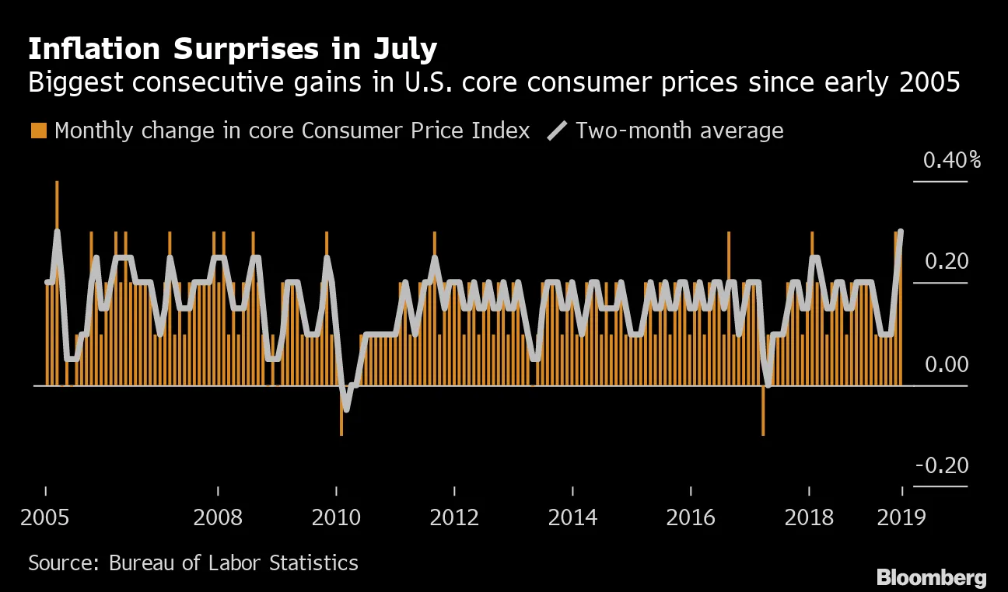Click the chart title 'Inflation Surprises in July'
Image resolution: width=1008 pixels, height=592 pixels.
click(x=233, y=50)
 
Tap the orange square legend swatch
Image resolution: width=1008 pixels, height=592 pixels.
click(x=38, y=131)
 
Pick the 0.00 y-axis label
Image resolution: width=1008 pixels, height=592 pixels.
click(x=946, y=364)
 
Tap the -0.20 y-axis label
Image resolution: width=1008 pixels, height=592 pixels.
click(x=942, y=465)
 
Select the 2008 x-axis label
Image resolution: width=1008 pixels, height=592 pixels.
click(x=219, y=517)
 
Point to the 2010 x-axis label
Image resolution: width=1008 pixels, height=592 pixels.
click(x=336, y=517)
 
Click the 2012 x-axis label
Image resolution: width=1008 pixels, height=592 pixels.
click(x=454, y=517)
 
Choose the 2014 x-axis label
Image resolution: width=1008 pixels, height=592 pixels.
click(x=572, y=517)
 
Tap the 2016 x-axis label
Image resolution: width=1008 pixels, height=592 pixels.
click(x=691, y=517)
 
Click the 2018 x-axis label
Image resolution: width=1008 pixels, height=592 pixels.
click(x=809, y=517)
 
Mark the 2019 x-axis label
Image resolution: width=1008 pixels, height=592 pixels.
click(x=901, y=517)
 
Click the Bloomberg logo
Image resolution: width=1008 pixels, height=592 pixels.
click(x=931, y=577)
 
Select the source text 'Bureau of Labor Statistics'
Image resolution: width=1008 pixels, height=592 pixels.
click(x=233, y=562)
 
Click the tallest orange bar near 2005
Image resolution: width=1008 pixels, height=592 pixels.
click(x=57, y=233)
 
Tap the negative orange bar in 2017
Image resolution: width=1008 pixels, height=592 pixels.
click(x=763, y=412)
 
